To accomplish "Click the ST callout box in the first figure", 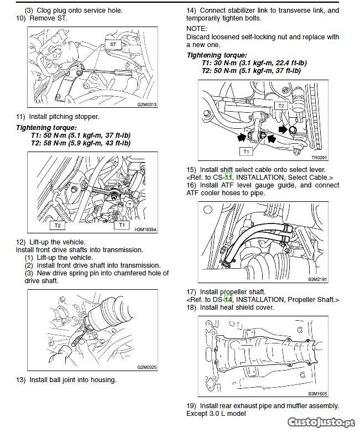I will tap(112, 43).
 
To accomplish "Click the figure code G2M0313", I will tap(147, 104).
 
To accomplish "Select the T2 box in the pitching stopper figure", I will tap(57, 226).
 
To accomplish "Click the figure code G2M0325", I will tap(147, 367).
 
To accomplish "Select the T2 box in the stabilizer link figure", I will tap(281, 105).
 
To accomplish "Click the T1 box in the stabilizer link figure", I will tap(246, 150).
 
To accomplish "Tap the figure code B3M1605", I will tap(317, 394).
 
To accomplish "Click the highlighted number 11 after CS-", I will tap(228, 177).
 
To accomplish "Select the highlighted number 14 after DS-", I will tap(229, 299).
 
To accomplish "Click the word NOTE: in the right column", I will tap(197, 28).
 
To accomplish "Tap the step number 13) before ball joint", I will tap(22, 379).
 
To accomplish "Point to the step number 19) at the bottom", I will tap(192, 405).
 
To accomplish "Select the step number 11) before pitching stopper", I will tap(22, 116).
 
